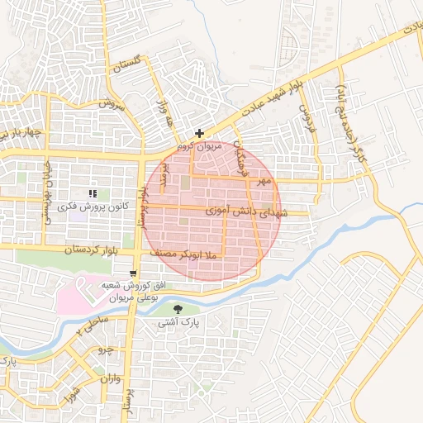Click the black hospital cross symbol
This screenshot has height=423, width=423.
point(198,133)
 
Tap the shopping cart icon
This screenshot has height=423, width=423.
point(134,273)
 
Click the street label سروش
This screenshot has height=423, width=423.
point(112,105)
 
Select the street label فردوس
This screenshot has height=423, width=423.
point(308,120)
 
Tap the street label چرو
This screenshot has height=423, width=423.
point(105,351)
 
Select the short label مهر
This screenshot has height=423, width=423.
point(264,180)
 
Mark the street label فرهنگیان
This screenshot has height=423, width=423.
point(240,156)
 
